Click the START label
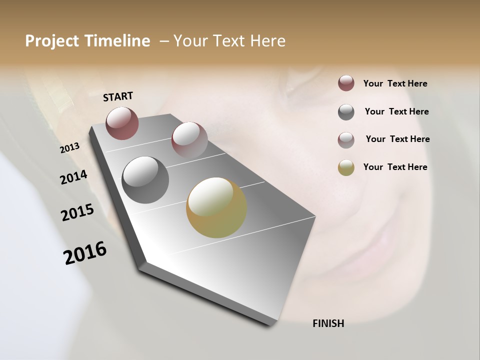[118, 96]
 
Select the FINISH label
[328, 323]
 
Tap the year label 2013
[70, 147]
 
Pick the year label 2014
[73, 177]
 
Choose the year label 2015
[77, 212]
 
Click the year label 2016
[85, 253]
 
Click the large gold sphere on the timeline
[216, 207]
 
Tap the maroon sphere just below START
[122, 123]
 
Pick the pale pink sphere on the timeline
[189, 139]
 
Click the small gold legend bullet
[346, 167]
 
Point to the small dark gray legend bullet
[346, 112]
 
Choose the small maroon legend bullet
[346, 83]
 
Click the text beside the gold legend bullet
[395, 167]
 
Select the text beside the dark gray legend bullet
[396, 111]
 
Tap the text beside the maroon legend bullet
[395, 83]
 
